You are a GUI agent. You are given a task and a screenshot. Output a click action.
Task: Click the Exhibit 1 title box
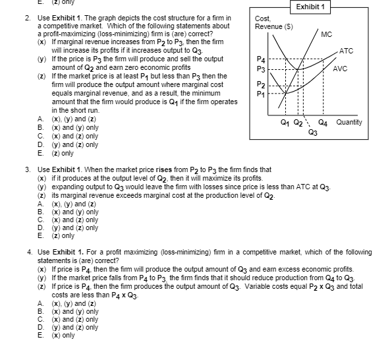[x=312, y=6]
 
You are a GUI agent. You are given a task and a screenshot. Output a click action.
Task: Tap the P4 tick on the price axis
[x=260, y=59]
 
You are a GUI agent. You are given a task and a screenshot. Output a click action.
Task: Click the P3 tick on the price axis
[x=260, y=69]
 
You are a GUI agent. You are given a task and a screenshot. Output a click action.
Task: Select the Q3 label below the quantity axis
[x=312, y=131]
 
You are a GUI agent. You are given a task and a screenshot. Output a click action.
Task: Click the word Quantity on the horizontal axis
[x=350, y=123]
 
